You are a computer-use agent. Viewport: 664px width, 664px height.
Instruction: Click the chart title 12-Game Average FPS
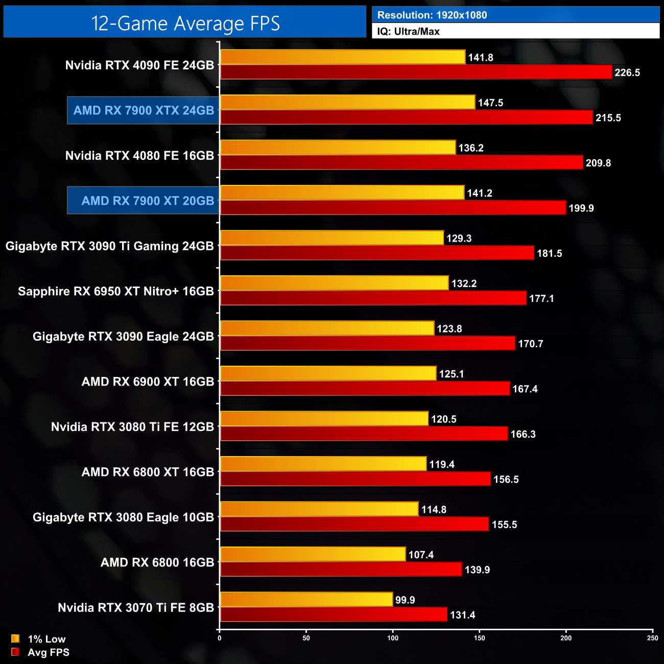[185, 23]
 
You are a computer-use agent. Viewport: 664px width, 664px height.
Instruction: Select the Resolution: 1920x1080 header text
[432, 15]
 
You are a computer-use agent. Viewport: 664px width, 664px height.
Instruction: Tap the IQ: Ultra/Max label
[408, 32]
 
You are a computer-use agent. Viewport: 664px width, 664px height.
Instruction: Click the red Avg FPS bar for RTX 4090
[416, 72]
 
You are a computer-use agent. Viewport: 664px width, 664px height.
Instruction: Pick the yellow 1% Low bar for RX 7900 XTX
[347, 102]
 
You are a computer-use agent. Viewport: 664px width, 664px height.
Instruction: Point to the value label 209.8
[598, 163]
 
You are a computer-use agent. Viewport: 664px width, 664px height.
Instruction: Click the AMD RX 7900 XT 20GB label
[148, 201]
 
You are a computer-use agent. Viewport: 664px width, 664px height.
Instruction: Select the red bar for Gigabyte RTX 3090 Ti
[377, 253]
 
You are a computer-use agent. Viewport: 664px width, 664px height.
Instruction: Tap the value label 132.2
[464, 283]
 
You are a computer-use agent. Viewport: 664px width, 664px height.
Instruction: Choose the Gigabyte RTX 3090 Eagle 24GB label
[123, 337]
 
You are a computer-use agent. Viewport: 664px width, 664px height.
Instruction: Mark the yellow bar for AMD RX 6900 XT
[328, 373]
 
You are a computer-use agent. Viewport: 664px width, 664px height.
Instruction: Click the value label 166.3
[523, 434]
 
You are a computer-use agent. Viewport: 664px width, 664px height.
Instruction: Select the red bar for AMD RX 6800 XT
[355, 479]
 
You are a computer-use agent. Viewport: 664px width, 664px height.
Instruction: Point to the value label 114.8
[434, 510]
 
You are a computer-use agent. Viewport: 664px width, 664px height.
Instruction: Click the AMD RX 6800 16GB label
[157, 562]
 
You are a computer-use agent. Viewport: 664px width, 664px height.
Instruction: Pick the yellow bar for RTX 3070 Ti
[306, 600]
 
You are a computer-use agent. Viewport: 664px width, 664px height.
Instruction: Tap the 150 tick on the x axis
[479, 638]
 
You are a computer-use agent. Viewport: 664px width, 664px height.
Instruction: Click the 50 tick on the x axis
[306, 638]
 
